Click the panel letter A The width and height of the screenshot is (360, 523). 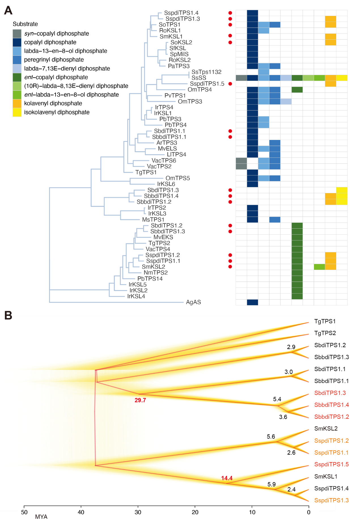coord(8,10)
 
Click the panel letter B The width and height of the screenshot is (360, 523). coord(8,315)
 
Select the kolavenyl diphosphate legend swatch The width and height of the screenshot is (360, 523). coord(17,103)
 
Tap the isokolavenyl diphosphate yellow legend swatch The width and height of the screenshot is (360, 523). coord(17,112)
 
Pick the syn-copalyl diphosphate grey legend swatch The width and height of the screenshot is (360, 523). coord(17,33)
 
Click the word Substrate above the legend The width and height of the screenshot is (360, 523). coord(25,24)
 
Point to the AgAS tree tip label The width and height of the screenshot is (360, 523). coord(193,302)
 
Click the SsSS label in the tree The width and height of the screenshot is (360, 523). coord(199,78)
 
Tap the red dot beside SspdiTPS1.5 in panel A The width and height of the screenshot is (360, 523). coord(230,84)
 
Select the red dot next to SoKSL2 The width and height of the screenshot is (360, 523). coord(230,42)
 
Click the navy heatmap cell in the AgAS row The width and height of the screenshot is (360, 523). coord(252,302)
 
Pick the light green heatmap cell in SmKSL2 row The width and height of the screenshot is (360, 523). coord(319,267)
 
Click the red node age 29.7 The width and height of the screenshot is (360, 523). coord(140,400)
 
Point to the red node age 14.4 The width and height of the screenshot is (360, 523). coord(227,478)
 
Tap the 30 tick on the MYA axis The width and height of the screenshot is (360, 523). coord(138,512)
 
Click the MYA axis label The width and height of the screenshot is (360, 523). coord(41,517)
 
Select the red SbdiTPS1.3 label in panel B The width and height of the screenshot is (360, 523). coord(330,393)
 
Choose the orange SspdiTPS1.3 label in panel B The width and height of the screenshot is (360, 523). coord(331,500)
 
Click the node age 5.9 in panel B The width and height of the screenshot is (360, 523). coord(272,484)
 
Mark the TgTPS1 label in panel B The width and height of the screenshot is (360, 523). coord(325,321)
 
